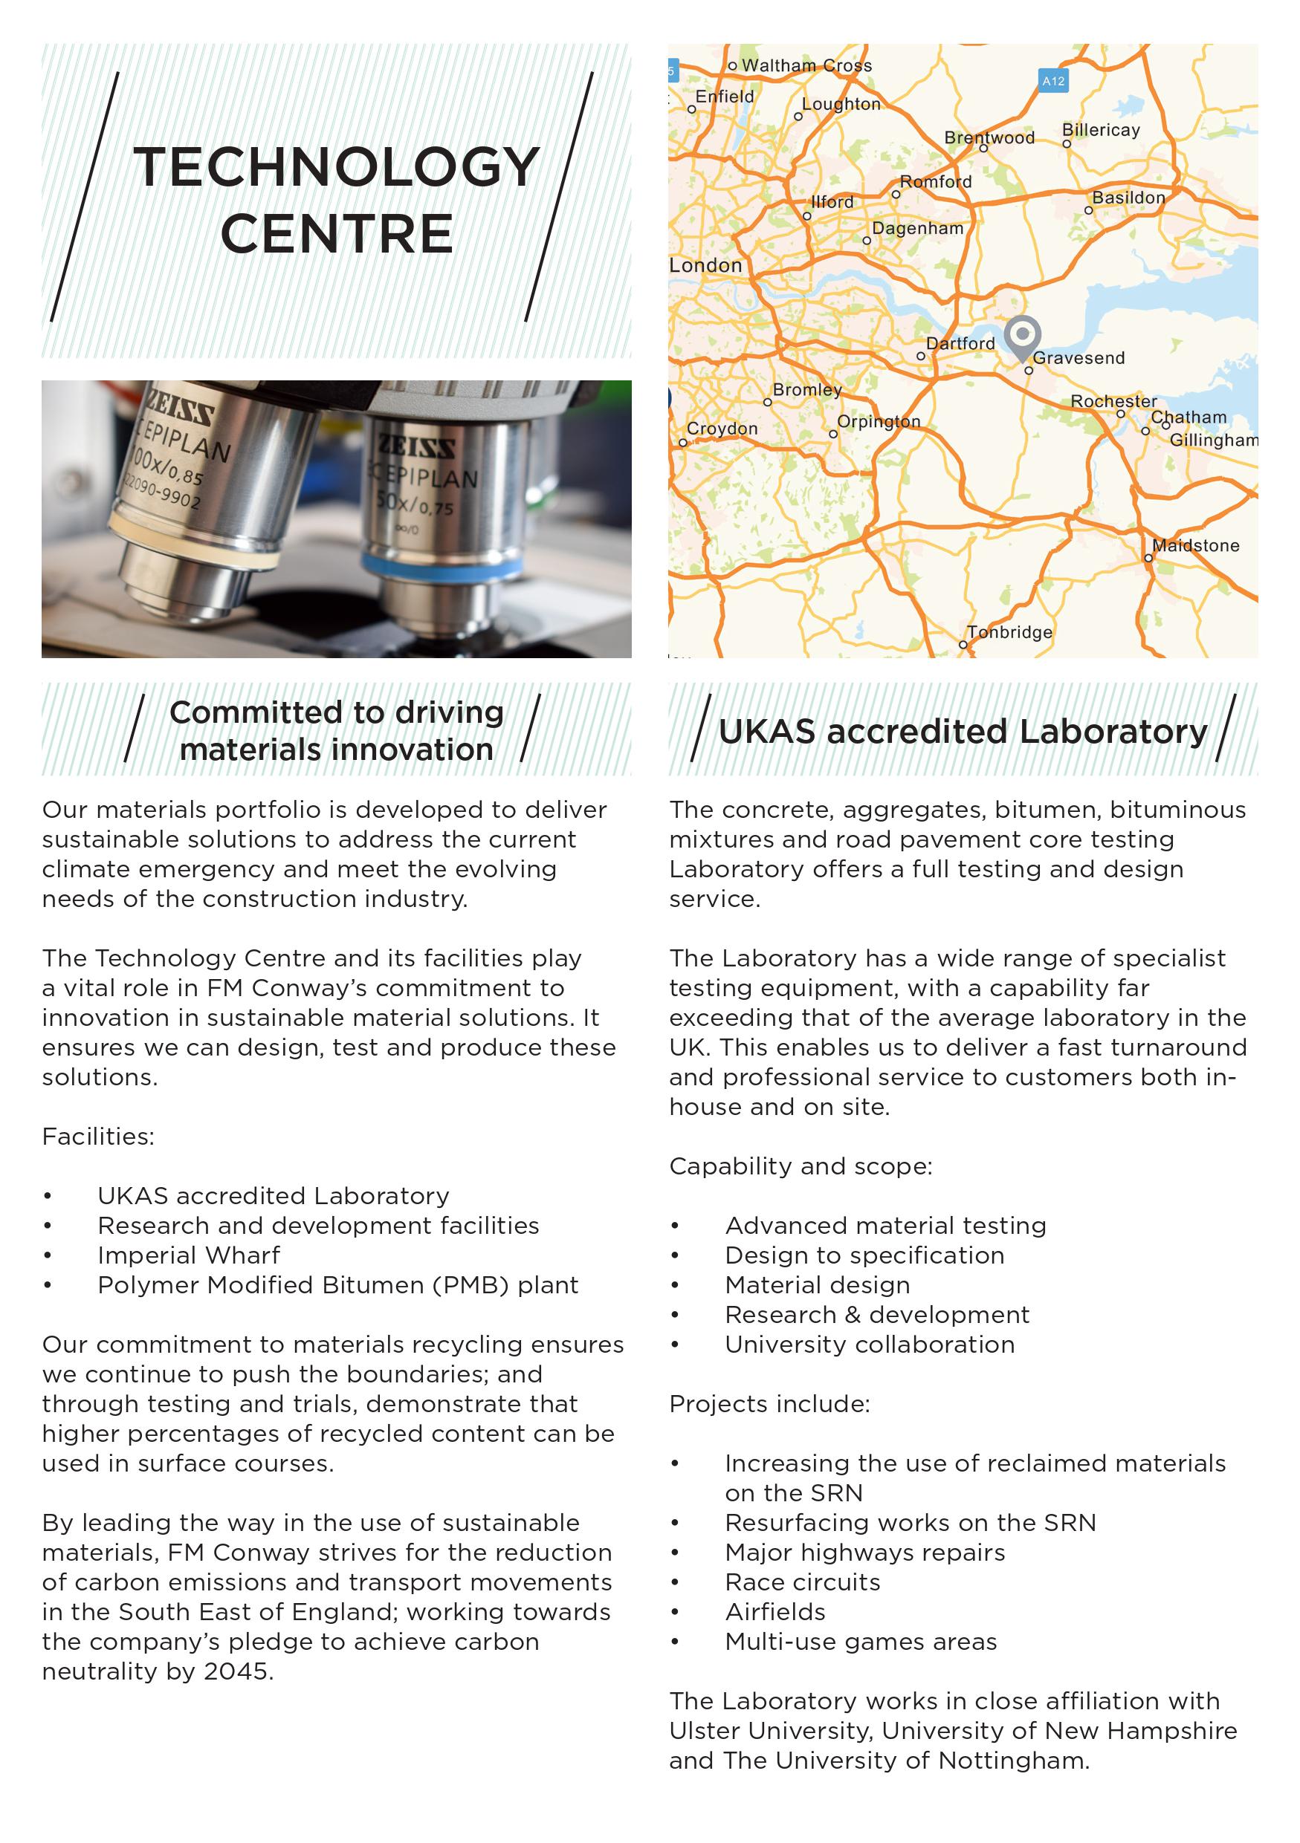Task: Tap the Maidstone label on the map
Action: [1196, 546]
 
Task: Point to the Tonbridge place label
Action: [1009, 631]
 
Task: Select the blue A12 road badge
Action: [1052, 81]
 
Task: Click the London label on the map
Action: [706, 266]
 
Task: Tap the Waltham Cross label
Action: [806, 66]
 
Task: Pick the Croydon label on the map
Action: [722, 429]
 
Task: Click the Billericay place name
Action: [1101, 130]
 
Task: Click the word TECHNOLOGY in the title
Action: [337, 167]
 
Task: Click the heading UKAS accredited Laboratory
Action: [962, 731]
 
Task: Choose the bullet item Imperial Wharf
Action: [189, 1255]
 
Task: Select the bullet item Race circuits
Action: [802, 1582]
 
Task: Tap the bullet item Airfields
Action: [774, 1611]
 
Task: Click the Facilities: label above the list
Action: [98, 1136]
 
